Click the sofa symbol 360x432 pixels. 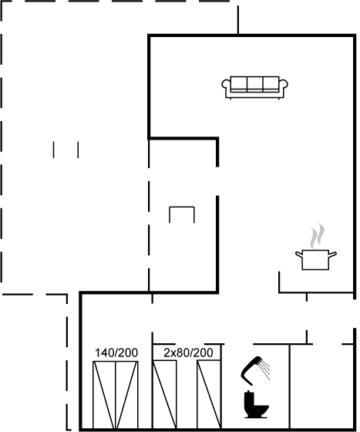click(254, 87)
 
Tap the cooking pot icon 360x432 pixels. click(316, 259)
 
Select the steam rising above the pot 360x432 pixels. click(317, 236)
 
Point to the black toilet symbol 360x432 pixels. click(256, 404)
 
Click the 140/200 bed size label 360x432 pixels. click(116, 353)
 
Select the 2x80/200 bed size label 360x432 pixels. click(188, 353)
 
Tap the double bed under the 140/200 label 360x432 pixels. click(116, 395)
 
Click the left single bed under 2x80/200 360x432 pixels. click(165, 395)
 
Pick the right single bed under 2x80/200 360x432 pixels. click(209, 395)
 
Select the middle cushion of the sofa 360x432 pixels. click(255, 84)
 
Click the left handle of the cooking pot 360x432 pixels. click(299, 255)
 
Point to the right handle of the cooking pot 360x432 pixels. click(332, 255)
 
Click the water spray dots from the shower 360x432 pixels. click(264, 370)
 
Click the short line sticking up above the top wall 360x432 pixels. click(238, 20)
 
